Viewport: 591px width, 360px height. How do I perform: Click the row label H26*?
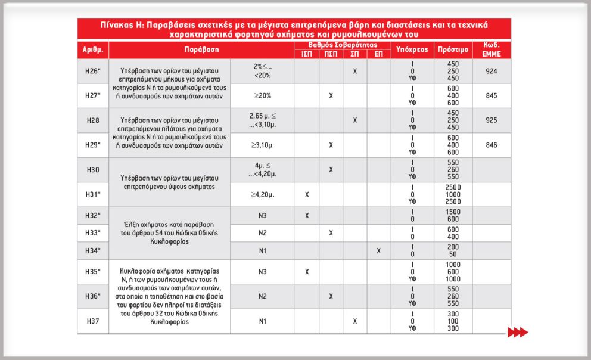[93, 71]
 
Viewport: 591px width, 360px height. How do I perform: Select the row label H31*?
[93, 194]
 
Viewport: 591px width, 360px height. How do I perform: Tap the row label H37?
[93, 321]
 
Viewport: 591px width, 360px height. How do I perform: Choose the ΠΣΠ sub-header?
[331, 54]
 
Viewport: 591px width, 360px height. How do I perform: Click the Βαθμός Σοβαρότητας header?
[343, 45]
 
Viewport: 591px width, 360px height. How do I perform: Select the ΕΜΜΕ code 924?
[492, 71]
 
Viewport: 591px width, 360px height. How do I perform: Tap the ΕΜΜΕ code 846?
[492, 145]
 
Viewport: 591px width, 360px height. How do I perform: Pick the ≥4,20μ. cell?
[262, 194]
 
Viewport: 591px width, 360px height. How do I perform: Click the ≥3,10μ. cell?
[262, 145]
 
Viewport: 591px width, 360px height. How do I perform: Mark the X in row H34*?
[378, 250]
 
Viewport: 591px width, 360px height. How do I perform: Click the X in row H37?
[354, 321]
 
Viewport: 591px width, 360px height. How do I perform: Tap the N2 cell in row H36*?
[262, 296]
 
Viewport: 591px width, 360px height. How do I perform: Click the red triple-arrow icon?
[517, 332]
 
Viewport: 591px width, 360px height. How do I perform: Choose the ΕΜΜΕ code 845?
[492, 95]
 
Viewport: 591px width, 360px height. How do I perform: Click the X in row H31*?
[307, 194]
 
